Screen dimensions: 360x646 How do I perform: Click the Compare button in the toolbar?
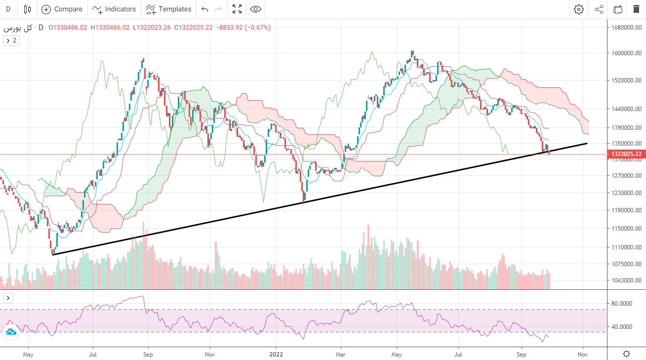click(62, 9)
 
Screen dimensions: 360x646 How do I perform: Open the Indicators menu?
click(114, 9)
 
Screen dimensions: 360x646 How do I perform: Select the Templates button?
click(168, 9)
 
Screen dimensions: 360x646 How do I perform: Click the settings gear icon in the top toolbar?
click(579, 9)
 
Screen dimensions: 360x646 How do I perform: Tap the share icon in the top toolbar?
click(599, 9)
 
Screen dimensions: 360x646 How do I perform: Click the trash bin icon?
click(636, 9)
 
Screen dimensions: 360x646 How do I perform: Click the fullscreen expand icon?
click(237, 9)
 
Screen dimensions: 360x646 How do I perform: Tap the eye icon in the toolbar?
click(255, 9)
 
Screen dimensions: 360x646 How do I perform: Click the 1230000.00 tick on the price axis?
click(626, 193)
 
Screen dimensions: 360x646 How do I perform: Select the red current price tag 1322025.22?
click(625, 154)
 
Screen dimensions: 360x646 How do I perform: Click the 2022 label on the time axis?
click(276, 354)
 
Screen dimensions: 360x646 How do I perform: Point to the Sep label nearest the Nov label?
click(522, 354)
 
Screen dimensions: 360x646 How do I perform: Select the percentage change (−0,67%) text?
click(254, 28)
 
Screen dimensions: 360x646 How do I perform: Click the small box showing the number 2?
click(11, 40)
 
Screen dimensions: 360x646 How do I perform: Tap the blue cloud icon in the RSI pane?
click(10, 332)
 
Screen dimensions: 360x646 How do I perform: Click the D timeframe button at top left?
click(8, 9)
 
